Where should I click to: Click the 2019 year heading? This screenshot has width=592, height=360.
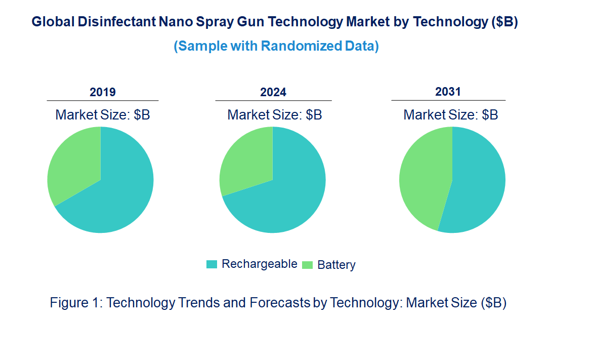click(x=103, y=92)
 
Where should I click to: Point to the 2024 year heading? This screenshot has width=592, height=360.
click(x=273, y=92)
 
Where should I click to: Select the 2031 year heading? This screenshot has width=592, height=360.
click(x=448, y=92)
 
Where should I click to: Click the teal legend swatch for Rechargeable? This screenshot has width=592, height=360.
click(x=212, y=264)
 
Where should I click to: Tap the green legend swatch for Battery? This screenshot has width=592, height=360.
click(x=307, y=264)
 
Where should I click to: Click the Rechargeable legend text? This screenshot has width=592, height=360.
click(x=259, y=264)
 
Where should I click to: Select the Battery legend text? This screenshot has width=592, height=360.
click(x=336, y=264)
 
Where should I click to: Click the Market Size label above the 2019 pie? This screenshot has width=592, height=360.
click(x=103, y=114)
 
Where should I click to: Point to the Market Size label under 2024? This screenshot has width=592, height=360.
click(x=275, y=114)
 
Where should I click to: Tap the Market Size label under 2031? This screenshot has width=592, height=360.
click(x=450, y=114)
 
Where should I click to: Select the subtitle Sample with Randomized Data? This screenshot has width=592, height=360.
click(x=276, y=46)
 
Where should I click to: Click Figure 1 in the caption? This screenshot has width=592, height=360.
click(x=76, y=303)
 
